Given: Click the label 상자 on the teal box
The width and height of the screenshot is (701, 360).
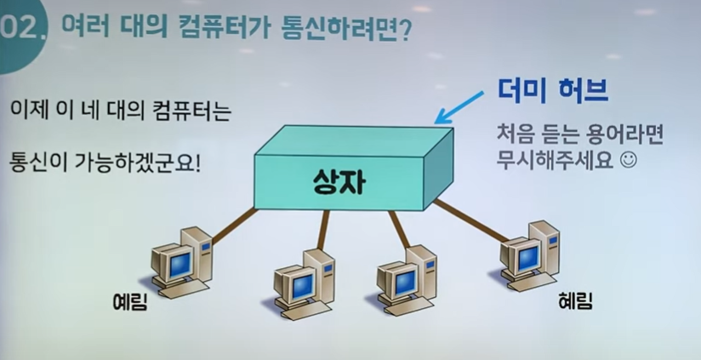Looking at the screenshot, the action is [x=339, y=182].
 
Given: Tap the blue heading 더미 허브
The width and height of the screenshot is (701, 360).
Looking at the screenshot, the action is [x=553, y=91].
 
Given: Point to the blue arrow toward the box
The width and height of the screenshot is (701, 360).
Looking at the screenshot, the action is [x=459, y=107].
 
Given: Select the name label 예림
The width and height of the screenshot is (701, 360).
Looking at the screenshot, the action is [x=129, y=303].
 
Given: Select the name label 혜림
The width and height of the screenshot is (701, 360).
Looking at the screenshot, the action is [x=575, y=301].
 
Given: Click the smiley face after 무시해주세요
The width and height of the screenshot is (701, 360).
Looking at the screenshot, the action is [x=628, y=161].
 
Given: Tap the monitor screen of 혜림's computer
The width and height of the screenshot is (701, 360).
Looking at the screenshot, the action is [x=528, y=258].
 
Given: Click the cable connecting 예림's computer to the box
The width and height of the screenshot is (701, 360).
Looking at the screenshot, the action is [x=234, y=226].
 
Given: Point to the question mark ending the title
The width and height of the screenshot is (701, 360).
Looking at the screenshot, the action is [x=404, y=31].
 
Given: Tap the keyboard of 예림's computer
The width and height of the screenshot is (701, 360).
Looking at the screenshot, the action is [x=184, y=290].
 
